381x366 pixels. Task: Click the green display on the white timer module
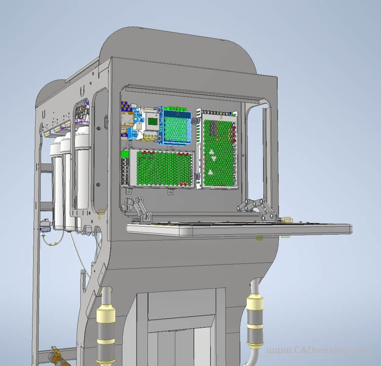[x=153, y=121]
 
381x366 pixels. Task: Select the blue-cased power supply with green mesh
[x=175, y=126]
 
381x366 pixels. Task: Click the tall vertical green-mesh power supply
[x=217, y=149]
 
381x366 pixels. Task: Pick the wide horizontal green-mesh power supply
[x=158, y=168]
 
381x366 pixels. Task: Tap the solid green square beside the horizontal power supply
[x=125, y=154]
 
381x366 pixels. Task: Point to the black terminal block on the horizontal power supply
[x=125, y=172]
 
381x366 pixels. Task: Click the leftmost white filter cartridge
[x=57, y=187]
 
